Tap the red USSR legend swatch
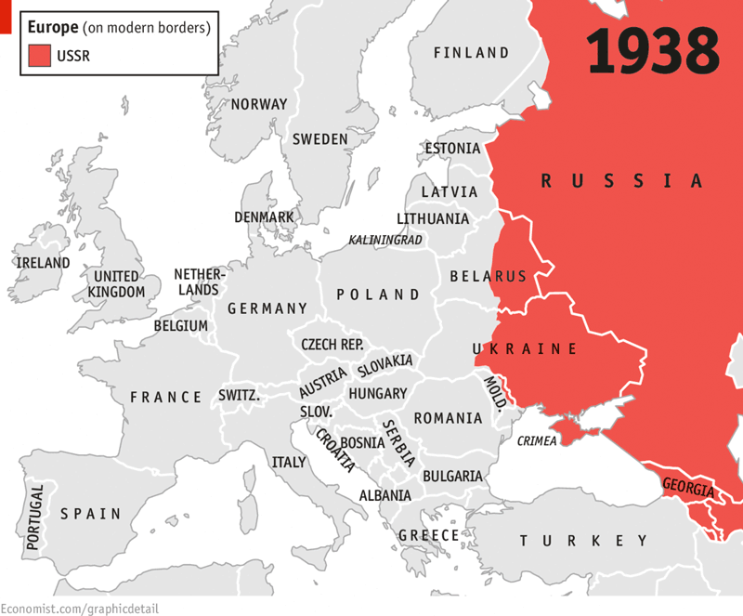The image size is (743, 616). pyautogui.click(x=40, y=56)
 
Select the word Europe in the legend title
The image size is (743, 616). pyautogui.click(x=55, y=27)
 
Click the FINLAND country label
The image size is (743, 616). pyautogui.click(x=471, y=53)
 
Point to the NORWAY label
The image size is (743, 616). pyautogui.click(x=259, y=104)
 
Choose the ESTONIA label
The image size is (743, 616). pyautogui.click(x=452, y=149)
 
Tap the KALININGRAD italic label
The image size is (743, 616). pyautogui.click(x=385, y=240)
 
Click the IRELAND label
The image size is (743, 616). pyautogui.click(x=43, y=263)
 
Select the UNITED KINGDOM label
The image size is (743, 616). pyautogui.click(x=116, y=284)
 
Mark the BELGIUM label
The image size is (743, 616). pyautogui.click(x=181, y=326)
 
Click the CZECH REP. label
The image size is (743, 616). pyautogui.click(x=332, y=345)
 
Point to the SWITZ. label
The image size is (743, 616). pyautogui.click(x=239, y=396)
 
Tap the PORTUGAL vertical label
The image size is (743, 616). pyautogui.click(x=36, y=518)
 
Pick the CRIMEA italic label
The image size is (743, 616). pyautogui.click(x=537, y=441)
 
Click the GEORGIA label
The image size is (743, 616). pyautogui.click(x=687, y=488)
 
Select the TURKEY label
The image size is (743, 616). pyautogui.click(x=583, y=541)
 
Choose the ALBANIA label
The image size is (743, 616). pyautogui.click(x=385, y=496)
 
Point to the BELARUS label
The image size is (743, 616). pyautogui.click(x=488, y=276)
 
